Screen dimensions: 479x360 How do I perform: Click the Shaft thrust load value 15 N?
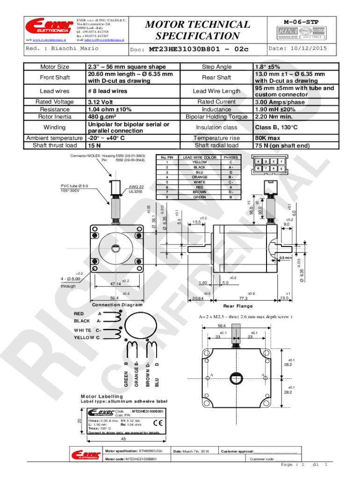click(95, 145)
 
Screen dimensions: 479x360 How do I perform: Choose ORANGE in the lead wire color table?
click(200, 177)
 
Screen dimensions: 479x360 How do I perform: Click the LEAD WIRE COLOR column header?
click(200, 158)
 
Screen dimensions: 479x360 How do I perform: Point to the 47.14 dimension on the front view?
click(115, 283)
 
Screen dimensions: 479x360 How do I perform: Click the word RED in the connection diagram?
click(79, 313)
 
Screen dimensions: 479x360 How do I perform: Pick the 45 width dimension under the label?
click(124, 439)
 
